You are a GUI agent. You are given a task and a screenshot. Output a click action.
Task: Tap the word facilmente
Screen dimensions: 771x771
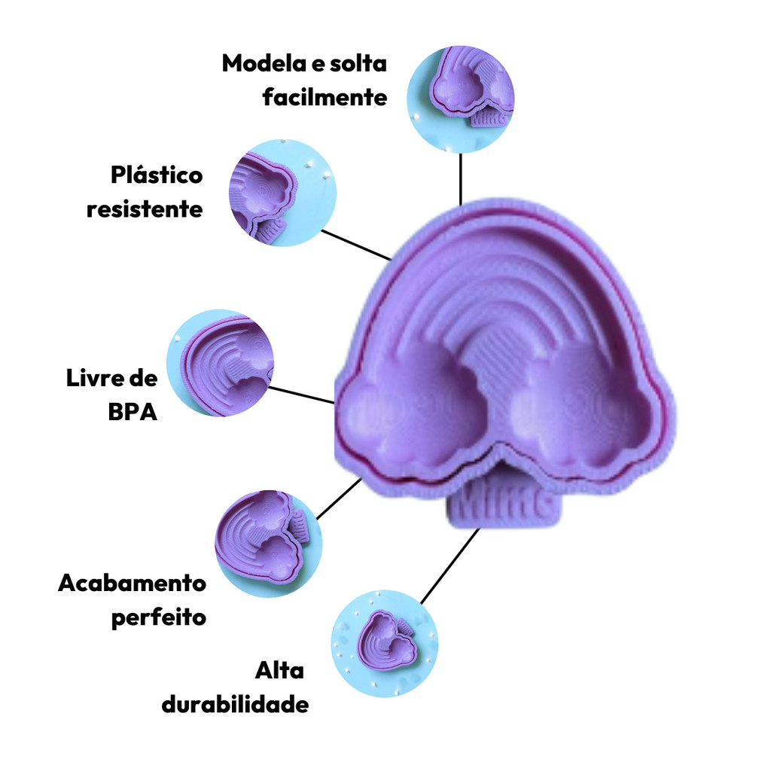coord(325,97)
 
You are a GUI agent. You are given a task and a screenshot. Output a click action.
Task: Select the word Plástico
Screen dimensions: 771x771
coord(157,175)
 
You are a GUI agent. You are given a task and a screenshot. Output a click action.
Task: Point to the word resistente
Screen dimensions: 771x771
coord(145,209)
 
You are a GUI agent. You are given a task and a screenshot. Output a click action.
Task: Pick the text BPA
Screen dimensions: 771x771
coord(133,412)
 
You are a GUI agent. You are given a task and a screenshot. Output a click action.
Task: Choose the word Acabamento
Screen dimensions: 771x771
coord(132,584)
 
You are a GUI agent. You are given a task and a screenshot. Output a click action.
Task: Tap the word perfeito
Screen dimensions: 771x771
coord(158,617)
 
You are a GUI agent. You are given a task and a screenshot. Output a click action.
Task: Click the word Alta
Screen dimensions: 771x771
coord(279,670)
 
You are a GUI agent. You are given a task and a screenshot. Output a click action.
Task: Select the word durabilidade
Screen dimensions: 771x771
coord(235,704)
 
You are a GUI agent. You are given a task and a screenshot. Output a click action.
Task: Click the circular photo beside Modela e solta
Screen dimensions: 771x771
coord(460,99)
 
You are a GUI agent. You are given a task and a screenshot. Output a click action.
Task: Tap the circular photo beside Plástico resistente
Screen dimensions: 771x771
coord(283,193)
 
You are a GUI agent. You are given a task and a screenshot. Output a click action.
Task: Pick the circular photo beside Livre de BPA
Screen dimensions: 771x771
coord(220,363)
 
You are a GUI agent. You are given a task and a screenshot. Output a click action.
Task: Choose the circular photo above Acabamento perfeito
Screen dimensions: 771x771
coord(269,544)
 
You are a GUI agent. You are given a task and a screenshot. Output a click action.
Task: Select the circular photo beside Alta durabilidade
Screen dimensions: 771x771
coord(385,644)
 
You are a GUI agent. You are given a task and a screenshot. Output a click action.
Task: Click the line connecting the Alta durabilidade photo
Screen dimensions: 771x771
coord(450,566)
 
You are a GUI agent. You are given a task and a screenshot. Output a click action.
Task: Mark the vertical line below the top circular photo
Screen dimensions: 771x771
coord(460,179)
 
